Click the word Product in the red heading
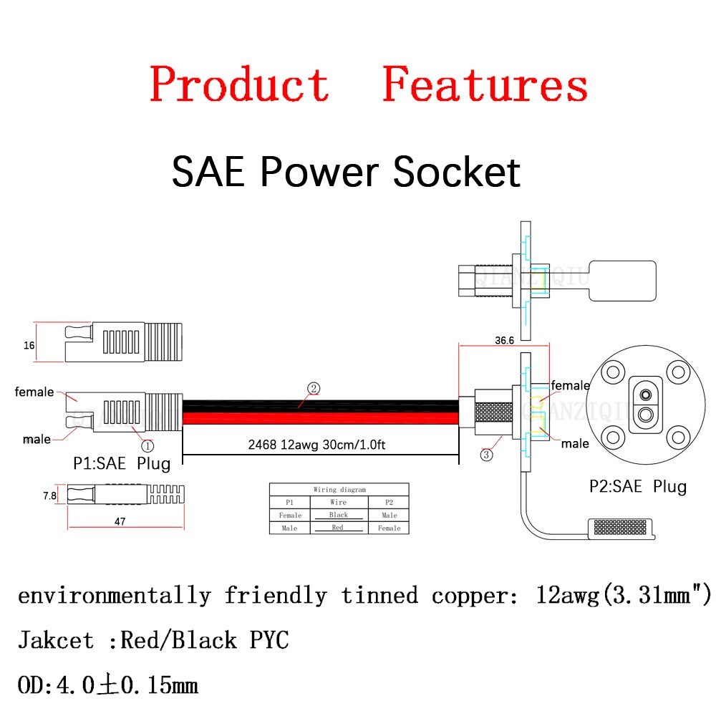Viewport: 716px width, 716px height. tap(239, 84)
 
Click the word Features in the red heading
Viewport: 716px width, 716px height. tap(485, 84)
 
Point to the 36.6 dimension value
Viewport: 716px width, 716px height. tap(505, 341)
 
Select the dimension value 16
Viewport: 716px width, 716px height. tap(29, 345)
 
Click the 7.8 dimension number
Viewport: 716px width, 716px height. tap(49, 495)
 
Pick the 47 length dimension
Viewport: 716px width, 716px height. tap(120, 522)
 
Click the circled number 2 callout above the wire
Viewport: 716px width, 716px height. tap(314, 388)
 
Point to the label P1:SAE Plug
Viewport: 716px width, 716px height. tap(122, 463)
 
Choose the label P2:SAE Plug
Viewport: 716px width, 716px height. tap(638, 487)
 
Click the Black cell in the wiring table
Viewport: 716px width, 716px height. tap(339, 515)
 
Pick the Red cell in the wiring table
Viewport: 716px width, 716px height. tap(339, 528)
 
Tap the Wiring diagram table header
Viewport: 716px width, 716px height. tap(339, 490)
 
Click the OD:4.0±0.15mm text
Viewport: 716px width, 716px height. tap(107, 685)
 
